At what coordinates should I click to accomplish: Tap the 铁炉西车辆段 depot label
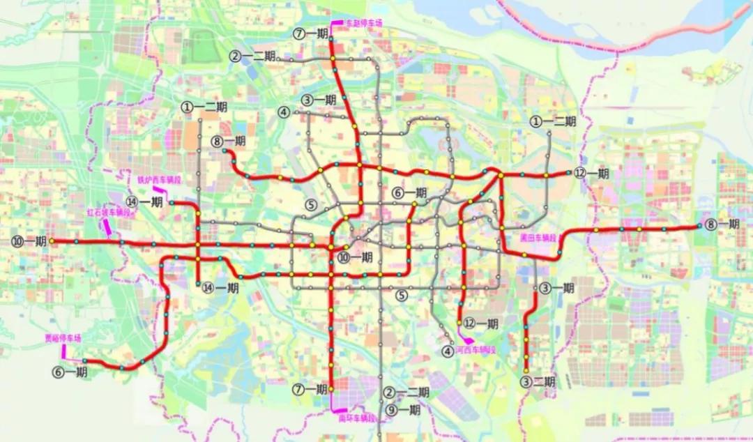pyautogui.click(x=158, y=179)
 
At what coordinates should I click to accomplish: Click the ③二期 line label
pyautogui.click(x=538, y=381)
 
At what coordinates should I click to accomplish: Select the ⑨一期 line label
pyautogui.click(x=403, y=410)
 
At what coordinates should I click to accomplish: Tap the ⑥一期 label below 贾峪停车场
pyautogui.click(x=70, y=372)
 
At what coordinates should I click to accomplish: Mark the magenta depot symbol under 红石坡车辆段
pyautogui.click(x=108, y=226)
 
